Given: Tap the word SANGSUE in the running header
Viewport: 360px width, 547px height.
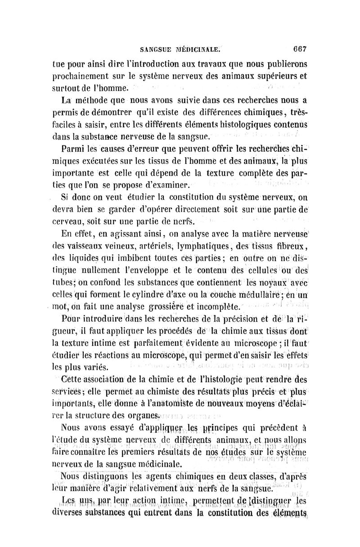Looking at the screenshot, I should coord(156,50).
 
